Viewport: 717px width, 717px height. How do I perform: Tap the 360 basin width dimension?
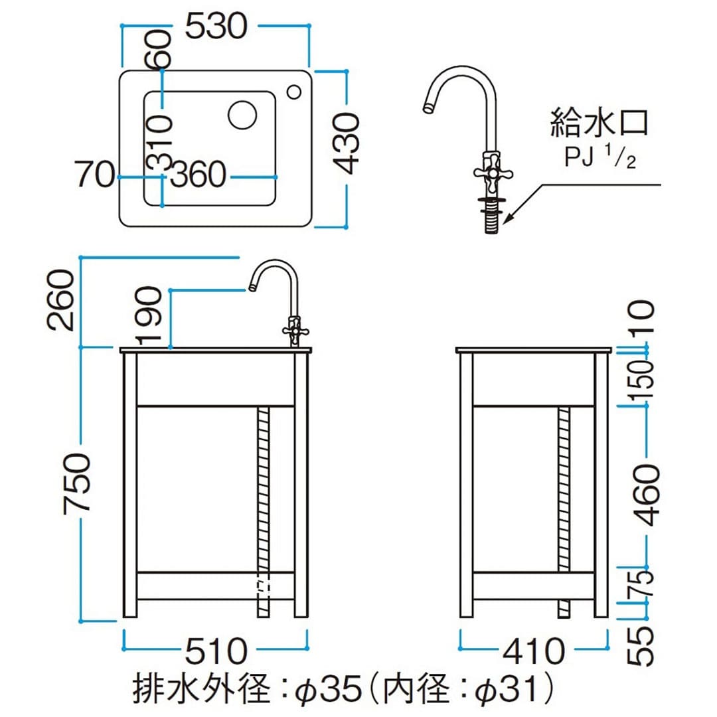(199, 176)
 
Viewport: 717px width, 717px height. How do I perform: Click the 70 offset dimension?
(95, 176)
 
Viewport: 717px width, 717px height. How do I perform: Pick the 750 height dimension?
(78, 483)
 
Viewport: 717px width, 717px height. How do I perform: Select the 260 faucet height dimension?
(64, 299)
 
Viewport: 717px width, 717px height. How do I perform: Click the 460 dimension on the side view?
(645, 495)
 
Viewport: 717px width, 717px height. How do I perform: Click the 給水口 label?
(599, 123)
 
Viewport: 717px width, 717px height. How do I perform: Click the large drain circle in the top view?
(242, 115)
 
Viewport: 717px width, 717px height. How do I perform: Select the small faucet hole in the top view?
(293, 91)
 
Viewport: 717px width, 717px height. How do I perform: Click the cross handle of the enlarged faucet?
(492, 172)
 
